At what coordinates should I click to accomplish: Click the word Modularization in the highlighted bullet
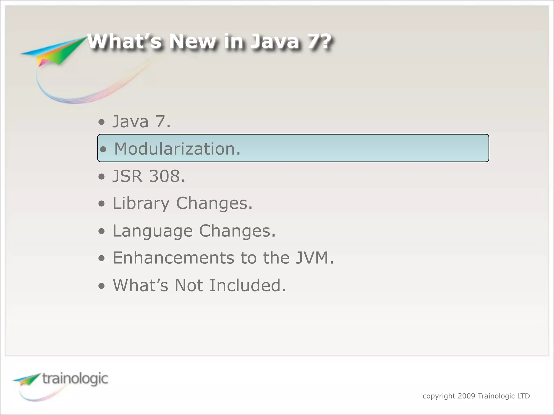point(177,149)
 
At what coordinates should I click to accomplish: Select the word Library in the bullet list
point(141,203)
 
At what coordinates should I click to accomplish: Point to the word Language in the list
point(152,231)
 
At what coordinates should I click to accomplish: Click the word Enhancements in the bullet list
point(173,258)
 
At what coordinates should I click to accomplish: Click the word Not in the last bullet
point(189,285)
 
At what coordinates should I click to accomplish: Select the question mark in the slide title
point(324,42)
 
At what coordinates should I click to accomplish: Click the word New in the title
point(192,42)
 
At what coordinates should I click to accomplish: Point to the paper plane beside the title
point(54,51)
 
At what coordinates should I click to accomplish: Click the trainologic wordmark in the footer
point(75,379)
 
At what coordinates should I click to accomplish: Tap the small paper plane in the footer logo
point(27,379)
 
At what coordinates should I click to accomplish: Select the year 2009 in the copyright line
point(466,396)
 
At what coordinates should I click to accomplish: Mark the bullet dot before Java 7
point(101,122)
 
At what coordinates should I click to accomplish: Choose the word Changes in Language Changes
point(237,231)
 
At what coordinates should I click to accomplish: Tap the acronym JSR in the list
point(127,176)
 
